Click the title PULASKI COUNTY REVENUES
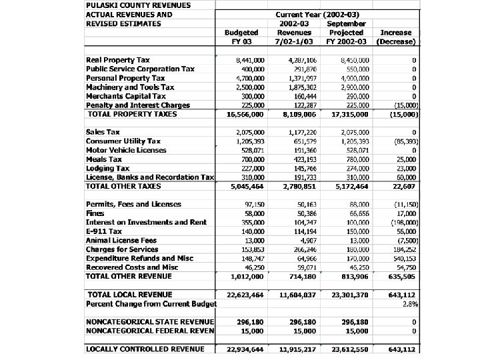137,5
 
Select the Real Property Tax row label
118,60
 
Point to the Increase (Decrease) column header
396,37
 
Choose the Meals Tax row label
103,159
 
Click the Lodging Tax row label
109,168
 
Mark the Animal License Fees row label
121,240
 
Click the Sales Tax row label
103,132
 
